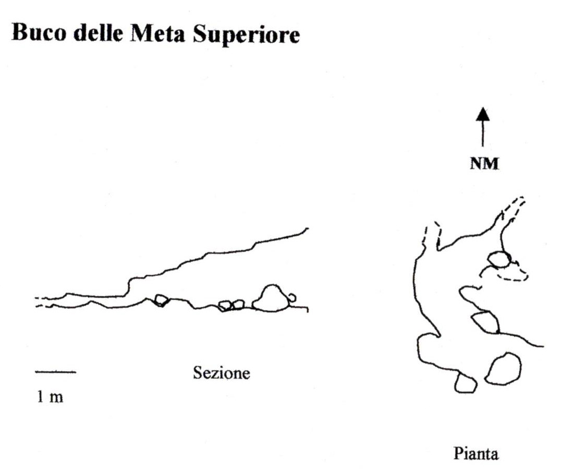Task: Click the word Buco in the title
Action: coord(39,33)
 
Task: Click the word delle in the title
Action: coord(98,33)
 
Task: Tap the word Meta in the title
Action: coord(157,33)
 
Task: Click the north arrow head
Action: coord(483,114)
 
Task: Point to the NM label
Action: coord(484,164)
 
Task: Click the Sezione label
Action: coord(222,373)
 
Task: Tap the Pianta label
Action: coord(476,453)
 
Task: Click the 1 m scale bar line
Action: coord(56,372)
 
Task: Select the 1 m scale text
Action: coord(50,397)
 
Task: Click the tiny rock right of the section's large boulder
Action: coord(292,298)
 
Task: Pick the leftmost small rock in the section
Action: coord(161,300)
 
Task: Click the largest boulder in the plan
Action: coord(503,369)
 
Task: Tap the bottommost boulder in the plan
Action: coord(465,383)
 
